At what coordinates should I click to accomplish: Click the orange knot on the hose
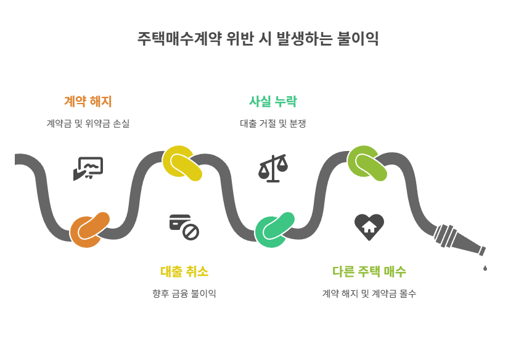pyautogui.click(x=89, y=229)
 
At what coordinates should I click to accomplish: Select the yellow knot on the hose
pyautogui.click(x=182, y=164)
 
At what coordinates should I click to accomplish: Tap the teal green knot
pyautogui.click(x=274, y=229)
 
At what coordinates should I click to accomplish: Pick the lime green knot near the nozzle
pyautogui.click(x=367, y=164)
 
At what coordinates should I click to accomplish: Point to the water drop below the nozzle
pyautogui.click(x=485, y=268)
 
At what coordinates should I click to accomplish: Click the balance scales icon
pyautogui.click(x=273, y=168)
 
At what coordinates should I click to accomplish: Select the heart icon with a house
pyautogui.click(x=369, y=226)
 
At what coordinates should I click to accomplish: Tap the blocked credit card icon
pyautogui.click(x=184, y=226)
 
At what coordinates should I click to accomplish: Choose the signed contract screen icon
pyautogui.click(x=88, y=168)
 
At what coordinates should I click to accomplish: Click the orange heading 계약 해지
pyautogui.click(x=88, y=101)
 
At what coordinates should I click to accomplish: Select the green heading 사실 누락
pyautogui.click(x=273, y=101)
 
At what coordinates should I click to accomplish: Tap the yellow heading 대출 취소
pyautogui.click(x=184, y=271)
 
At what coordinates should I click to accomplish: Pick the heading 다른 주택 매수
pyautogui.click(x=369, y=271)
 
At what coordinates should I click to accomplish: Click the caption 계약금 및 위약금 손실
pyautogui.click(x=88, y=123)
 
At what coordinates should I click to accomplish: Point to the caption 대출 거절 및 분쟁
pyautogui.click(x=273, y=123)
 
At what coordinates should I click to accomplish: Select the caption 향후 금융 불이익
pyautogui.click(x=184, y=293)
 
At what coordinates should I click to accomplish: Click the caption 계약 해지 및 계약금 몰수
pyautogui.click(x=369, y=293)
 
